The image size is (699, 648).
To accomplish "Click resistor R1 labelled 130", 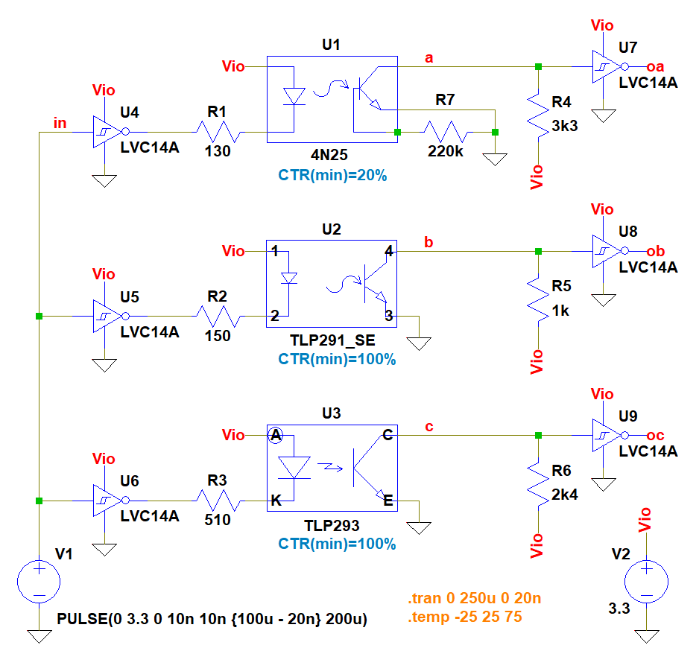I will click(218, 133).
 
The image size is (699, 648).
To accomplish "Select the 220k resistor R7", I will click(446, 133).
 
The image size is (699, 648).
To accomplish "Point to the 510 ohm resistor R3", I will click(218, 501).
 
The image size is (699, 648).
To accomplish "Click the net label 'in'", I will click(63, 122).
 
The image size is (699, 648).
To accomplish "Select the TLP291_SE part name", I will click(332, 342).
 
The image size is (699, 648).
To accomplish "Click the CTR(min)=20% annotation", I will click(332, 177).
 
